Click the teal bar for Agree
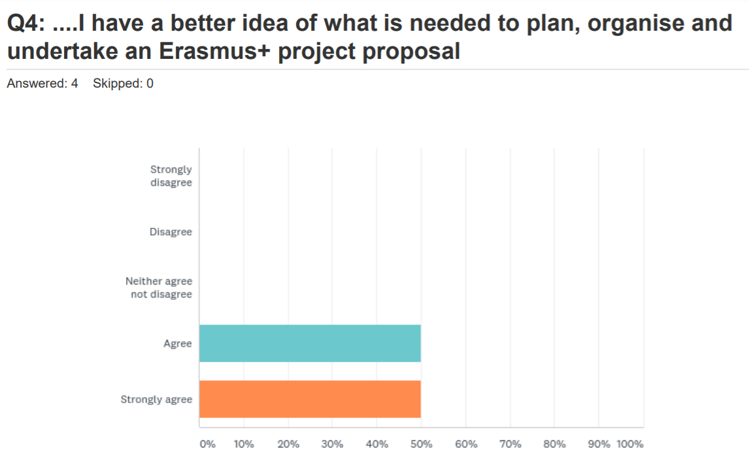tap(310, 343)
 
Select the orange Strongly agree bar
tap(310, 399)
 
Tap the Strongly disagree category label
tap(171, 176)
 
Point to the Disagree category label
tap(171, 232)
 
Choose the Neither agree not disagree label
tap(159, 288)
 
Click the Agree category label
tap(178, 343)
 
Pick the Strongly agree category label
tap(156, 399)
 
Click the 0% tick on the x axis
tap(207, 444)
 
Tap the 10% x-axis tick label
tap(244, 444)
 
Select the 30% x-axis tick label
tap(332, 444)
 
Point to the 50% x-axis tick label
tap(421, 444)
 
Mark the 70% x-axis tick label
tap(510, 444)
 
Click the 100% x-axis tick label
tap(630, 444)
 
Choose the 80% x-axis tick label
tap(554, 444)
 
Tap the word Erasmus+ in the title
tap(216, 51)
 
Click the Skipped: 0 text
tap(123, 84)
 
